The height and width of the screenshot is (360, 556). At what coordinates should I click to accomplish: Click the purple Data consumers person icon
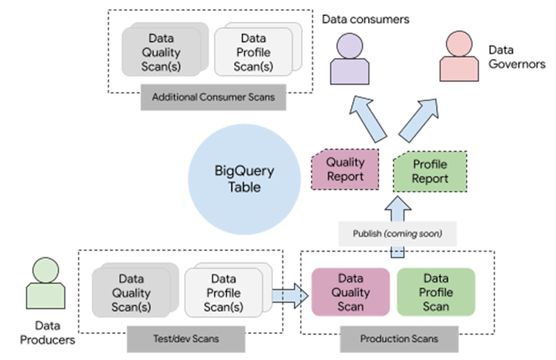349,58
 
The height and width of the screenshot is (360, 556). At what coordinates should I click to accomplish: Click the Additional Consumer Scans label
214,97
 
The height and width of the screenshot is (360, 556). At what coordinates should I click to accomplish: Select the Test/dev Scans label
186,338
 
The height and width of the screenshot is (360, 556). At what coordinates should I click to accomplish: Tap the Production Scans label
399,338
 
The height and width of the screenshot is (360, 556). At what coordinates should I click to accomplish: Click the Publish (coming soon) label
398,234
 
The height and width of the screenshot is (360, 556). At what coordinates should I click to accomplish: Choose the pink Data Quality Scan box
350,292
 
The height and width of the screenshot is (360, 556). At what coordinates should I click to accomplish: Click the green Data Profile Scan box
436,292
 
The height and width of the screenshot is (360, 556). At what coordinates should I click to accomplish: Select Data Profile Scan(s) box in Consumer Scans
255,53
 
